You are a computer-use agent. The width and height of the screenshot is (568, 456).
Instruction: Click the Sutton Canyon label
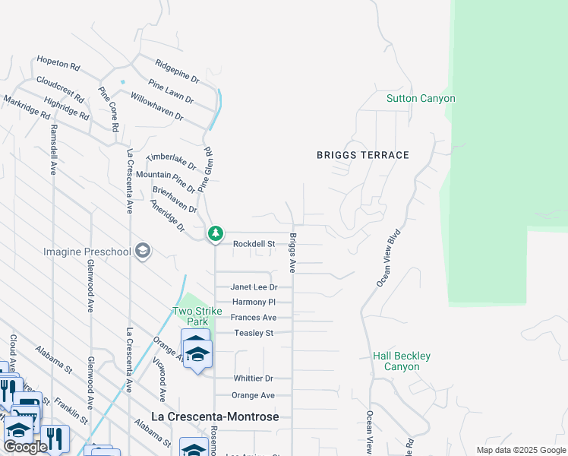pyautogui.click(x=421, y=99)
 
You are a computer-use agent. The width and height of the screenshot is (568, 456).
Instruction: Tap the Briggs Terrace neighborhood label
pyautogui.click(x=363, y=155)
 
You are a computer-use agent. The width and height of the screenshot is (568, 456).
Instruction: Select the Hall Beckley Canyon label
pyautogui.click(x=402, y=361)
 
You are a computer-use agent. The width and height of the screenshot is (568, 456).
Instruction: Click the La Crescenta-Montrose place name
pyautogui.click(x=215, y=417)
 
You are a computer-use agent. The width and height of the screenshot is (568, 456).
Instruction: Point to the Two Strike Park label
pyautogui.click(x=197, y=316)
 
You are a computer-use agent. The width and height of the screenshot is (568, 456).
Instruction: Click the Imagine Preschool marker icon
pyautogui.click(x=142, y=252)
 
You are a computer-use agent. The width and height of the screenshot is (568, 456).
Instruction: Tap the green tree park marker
pyautogui.click(x=216, y=233)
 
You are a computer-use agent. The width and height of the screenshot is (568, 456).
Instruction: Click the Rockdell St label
pyautogui.click(x=254, y=244)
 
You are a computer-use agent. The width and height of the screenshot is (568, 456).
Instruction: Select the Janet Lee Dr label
pyautogui.click(x=254, y=287)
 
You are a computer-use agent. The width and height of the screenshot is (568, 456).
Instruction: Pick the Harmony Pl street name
pyautogui.click(x=254, y=302)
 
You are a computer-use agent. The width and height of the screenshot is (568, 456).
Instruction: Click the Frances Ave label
pyautogui.click(x=254, y=318)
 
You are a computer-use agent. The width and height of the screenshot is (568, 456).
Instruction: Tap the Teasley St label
pyautogui.click(x=253, y=333)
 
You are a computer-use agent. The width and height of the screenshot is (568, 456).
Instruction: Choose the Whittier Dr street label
pyautogui.click(x=252, y=378)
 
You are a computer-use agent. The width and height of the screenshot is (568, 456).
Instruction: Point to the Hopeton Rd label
pyautogui.click(x=58, y=63)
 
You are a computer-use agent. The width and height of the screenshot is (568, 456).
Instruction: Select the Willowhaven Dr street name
pyautogui.click(x=156, y=106)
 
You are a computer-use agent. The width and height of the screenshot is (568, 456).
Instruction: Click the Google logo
pyautogui.click(x=25, y=447)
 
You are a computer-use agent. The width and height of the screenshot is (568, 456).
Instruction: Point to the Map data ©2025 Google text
pyautogui.click(x=520, y=450)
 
